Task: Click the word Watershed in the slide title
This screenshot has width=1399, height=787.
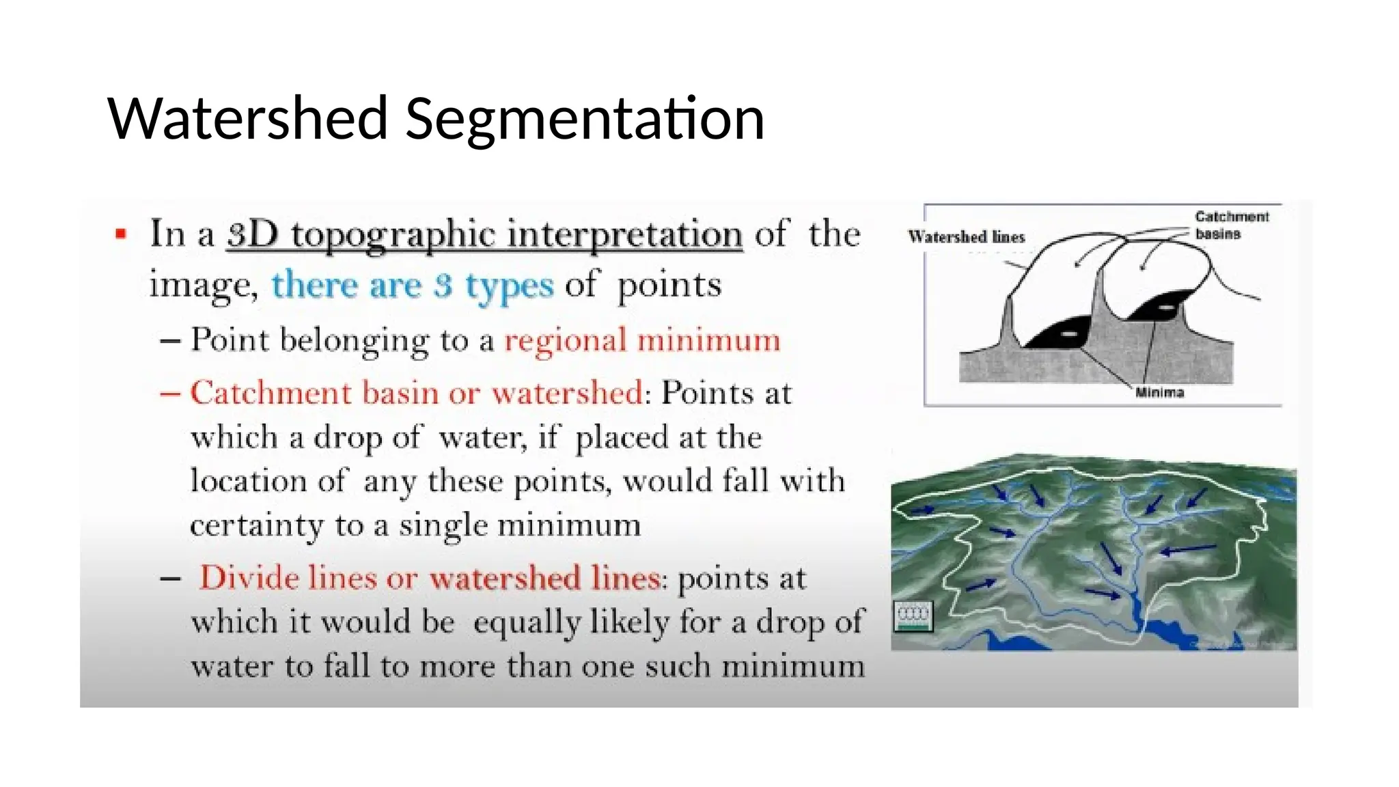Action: click(248, 118)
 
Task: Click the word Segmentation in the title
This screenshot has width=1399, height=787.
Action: click(585, 120)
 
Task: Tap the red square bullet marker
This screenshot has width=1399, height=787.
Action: click(122, 234)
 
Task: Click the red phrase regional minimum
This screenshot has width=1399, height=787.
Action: click(642, 340)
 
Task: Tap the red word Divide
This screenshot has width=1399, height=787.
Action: click(247, 578)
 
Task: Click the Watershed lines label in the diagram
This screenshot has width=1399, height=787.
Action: click(966, 237)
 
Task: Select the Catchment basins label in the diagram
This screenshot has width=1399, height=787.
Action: click(1231, 225)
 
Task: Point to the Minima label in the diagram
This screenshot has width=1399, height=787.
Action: click(1159, 392)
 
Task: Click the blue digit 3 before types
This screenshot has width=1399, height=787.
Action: click(443, 285)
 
